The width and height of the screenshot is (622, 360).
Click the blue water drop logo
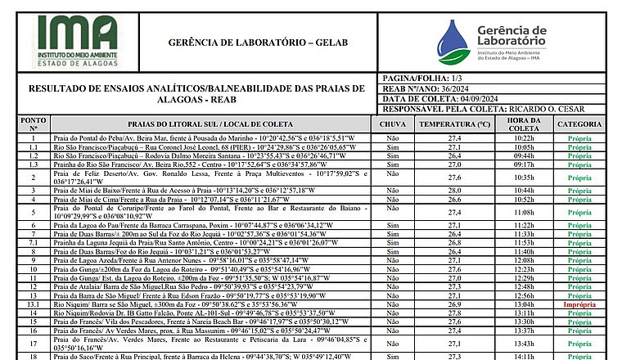tap(453, 43)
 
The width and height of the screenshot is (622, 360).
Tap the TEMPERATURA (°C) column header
tap(454, 124)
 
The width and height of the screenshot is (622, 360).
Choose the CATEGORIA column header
tap(579, 124)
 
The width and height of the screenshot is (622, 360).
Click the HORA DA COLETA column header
tap(524, 124)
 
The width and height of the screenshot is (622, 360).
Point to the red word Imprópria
tap(579, 304)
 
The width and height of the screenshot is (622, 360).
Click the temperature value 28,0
tap(454, 190)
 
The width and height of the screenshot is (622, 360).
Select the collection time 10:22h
tap(524, 138)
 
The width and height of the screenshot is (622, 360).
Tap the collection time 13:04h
tap(524, 304)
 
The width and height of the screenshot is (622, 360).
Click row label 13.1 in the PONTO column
tap(34, 304)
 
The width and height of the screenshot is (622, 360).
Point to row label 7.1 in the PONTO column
tap(34, 243)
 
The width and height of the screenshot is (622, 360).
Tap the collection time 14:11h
tap(524, 357)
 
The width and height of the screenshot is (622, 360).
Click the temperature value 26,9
tap(454, 304)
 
